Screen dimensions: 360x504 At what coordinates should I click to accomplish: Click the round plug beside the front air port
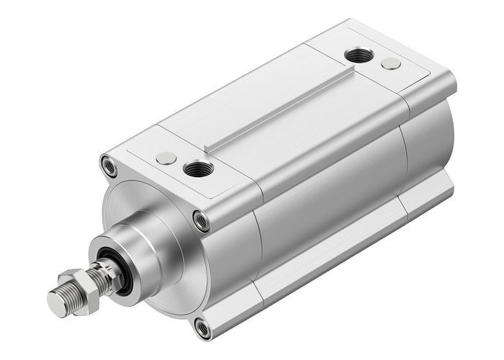pos(166,157)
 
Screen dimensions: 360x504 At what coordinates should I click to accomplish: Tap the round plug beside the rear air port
pos(391,63)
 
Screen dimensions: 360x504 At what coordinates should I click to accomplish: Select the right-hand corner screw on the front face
pos(202,220)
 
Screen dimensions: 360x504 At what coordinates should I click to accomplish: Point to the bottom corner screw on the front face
pos(204,329)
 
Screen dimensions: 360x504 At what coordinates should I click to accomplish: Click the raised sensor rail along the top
pos(281,108)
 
